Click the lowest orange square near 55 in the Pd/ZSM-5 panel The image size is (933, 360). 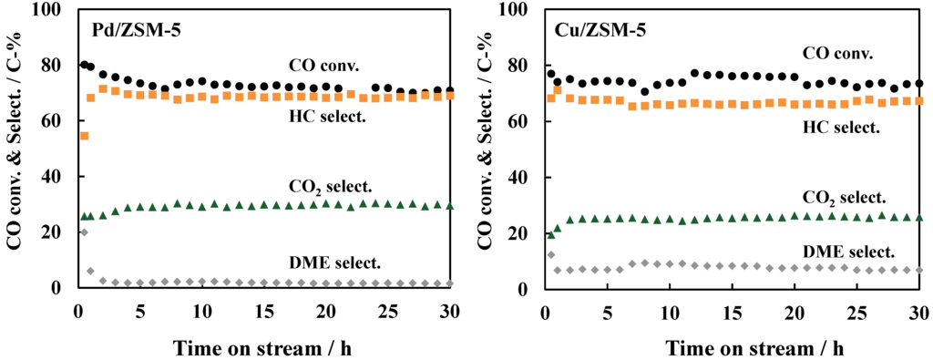84,136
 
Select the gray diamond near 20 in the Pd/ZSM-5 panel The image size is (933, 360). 84,232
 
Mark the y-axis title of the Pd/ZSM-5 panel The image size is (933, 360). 15,149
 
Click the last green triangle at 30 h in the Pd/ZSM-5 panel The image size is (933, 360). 450,206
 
